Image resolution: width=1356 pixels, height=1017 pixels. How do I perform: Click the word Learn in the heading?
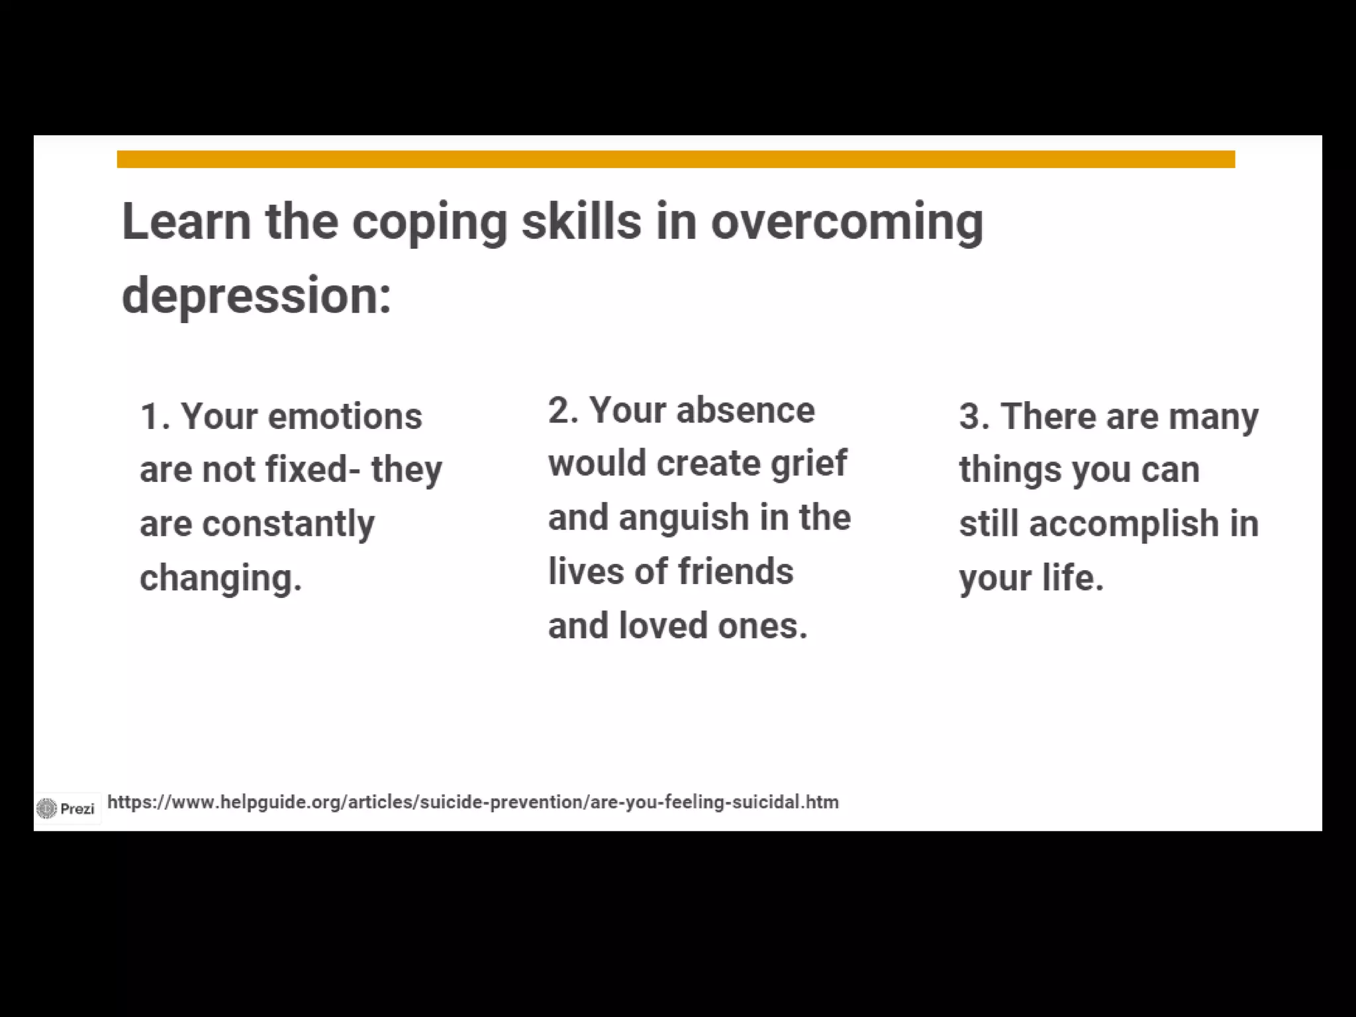pyautogui.click(x=186, y=222)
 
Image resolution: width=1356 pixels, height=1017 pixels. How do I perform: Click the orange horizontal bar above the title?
pyautogui.click(x=675, y=160)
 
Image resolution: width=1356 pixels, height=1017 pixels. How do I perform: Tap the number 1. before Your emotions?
pyautogui.click(x=154, y=417)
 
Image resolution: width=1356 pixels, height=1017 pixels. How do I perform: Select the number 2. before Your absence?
pyautogui.click(x=563, y=411)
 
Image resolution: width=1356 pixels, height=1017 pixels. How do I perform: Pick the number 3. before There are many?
pyautogui.click(x=974, y=417)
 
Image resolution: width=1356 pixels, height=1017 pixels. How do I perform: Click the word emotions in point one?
pyautogui.click(x=344, y=417)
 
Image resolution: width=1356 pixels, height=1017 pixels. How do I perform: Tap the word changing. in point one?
pyautogui.click(x=220, y=579)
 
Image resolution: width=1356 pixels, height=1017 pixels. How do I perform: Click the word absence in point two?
pyautogui.click(x=745, y=411)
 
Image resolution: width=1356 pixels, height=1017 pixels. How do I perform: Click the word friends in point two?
pyautogui.click(x=735, y=571)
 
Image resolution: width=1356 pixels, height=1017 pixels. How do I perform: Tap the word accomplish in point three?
pyautogui.click(x=1124, y=524)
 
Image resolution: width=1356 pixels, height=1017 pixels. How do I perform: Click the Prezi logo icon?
pyautogui.click(x=47, y=808)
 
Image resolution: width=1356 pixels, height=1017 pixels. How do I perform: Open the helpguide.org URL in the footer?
pyautogui.click(x=473, y=802)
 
